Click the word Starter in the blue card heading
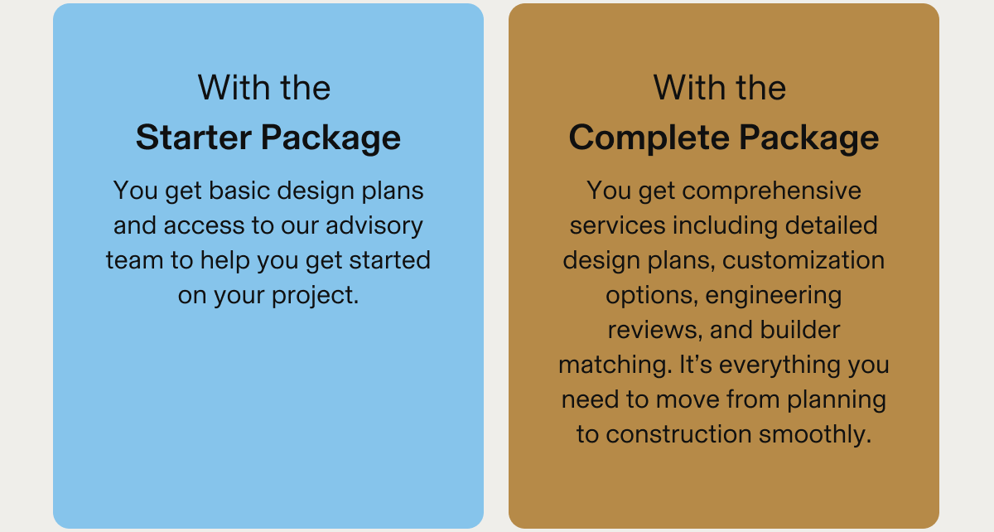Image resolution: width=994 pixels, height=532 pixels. click(194, 138)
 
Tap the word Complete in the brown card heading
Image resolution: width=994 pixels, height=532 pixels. click(649, 138)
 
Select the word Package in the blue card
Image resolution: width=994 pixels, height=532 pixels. click(331, 138)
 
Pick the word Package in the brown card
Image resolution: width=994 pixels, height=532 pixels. click(809, 138)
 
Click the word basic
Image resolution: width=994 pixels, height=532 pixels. click(239, 191)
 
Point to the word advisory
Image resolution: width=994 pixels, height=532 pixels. click(374, 226)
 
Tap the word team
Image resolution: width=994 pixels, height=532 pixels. click(134, 260)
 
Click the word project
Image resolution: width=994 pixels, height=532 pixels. click(315, 296)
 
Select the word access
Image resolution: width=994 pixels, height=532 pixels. click(204, 226)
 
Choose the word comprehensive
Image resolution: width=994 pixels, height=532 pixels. click(772, 191)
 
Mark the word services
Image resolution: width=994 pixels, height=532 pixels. click(617, 225)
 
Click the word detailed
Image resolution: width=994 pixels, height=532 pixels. click(831, 225)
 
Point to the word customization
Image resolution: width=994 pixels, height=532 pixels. click(803, 260)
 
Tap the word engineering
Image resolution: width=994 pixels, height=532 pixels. click(774, 296)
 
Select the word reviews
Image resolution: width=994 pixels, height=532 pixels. click(655, 331)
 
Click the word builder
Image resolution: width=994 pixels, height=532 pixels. click(800, 330)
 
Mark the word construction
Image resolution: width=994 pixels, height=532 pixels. click(679, 435)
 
